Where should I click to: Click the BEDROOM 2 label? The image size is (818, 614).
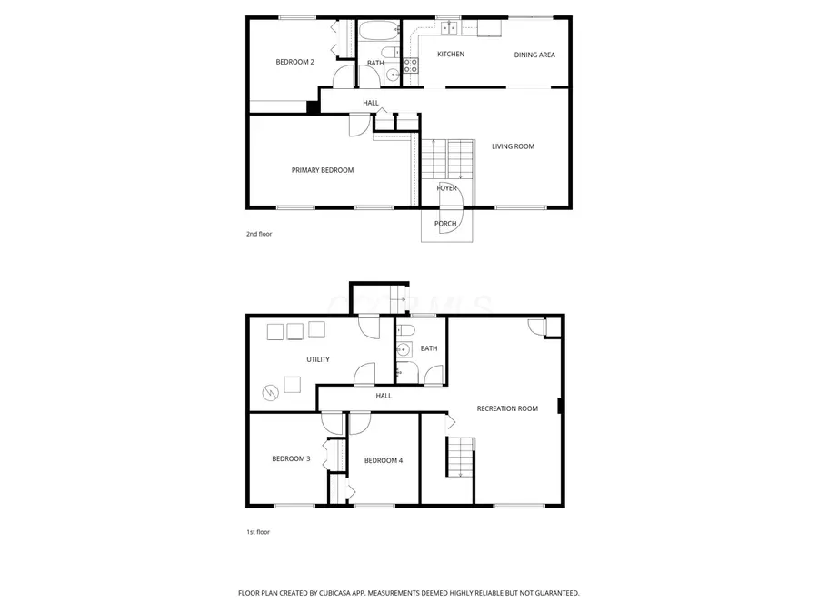tap(294, 62)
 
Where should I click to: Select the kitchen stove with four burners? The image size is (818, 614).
tap(410, 65)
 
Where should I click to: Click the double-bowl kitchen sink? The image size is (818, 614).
tap(449, 29)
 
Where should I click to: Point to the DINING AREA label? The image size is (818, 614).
tap(534, 55)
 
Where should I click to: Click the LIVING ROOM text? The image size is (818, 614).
tap(513, 146)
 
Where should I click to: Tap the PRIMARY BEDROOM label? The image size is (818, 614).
tap(322, 170)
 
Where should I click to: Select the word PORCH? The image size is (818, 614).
tap(445, 224)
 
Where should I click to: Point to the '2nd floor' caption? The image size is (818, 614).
tap(259, 234)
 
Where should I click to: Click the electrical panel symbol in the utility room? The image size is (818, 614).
tap(270, 392)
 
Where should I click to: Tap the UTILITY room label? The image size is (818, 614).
tap(317, 359)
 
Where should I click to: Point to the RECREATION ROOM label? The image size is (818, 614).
tap(507, 408)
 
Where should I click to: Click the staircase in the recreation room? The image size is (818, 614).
tap(460, 456)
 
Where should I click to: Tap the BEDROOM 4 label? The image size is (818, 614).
tap(383, 460)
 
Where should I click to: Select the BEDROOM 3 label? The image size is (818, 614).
tap(291, 458)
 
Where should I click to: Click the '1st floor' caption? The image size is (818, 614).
tap(258, 532)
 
